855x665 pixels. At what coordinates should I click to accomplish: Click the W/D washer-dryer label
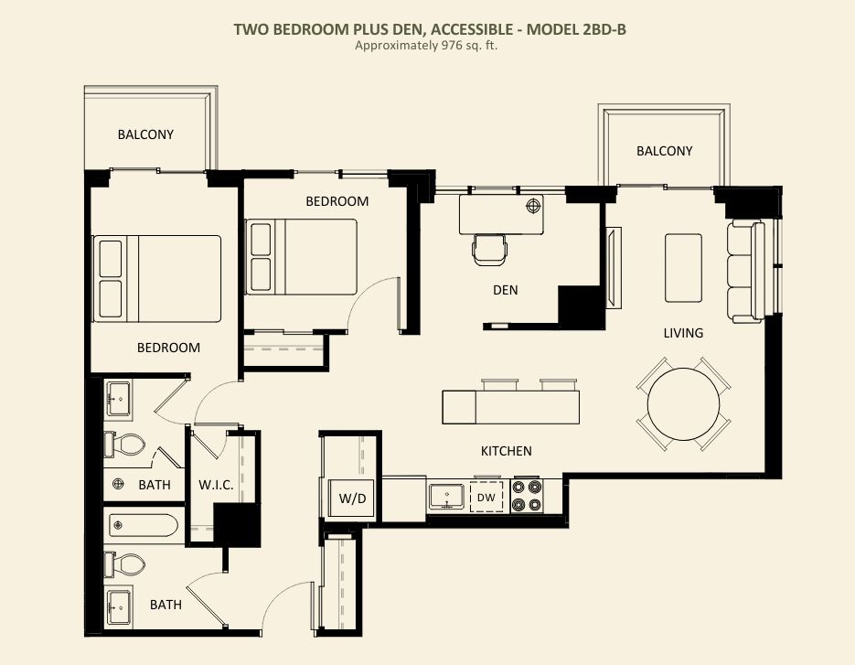(352, 499)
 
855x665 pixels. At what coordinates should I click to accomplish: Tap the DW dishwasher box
(486, 497)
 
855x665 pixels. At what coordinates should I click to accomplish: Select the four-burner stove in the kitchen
(528, 496)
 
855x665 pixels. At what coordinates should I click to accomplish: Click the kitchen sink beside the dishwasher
(446, 497)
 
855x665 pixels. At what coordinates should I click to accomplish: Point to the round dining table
(683, 404)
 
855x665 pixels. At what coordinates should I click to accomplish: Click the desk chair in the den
(489, 250)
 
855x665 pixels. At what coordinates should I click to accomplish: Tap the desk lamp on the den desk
(533, 206)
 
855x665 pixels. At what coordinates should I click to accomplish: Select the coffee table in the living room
(683, 268)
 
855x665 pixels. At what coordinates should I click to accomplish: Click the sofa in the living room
(746, 271)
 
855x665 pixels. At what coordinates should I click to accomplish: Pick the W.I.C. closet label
(216, 485)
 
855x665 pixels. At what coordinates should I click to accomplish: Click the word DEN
(506, 290)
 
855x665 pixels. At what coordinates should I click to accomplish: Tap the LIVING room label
(683, 333)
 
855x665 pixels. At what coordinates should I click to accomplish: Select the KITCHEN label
(506, 451)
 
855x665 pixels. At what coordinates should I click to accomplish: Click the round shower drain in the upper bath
(118, 484)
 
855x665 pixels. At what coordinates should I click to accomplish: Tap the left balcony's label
(145, 134)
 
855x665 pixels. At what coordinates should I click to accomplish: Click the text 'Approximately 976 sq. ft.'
(426, 46)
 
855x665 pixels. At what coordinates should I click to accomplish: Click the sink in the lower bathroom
(119, 606)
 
